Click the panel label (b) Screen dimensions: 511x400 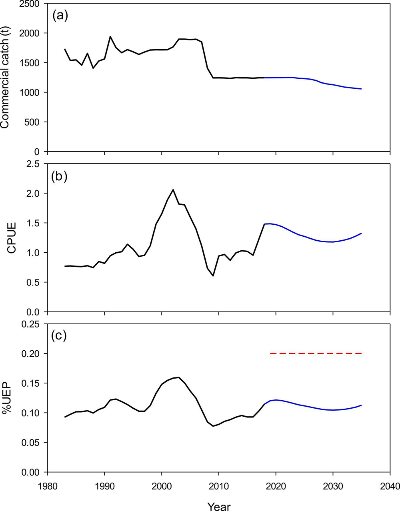click(60, 176)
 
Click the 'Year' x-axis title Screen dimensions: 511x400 click(218, 507)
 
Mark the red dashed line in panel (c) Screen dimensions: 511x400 click(316, 353)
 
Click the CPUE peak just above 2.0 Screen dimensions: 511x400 click(173, 190)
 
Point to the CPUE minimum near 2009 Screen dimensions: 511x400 click(213, 275)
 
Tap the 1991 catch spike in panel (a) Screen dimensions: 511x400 click(110, 37)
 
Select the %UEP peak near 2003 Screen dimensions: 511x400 click(178, 377)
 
